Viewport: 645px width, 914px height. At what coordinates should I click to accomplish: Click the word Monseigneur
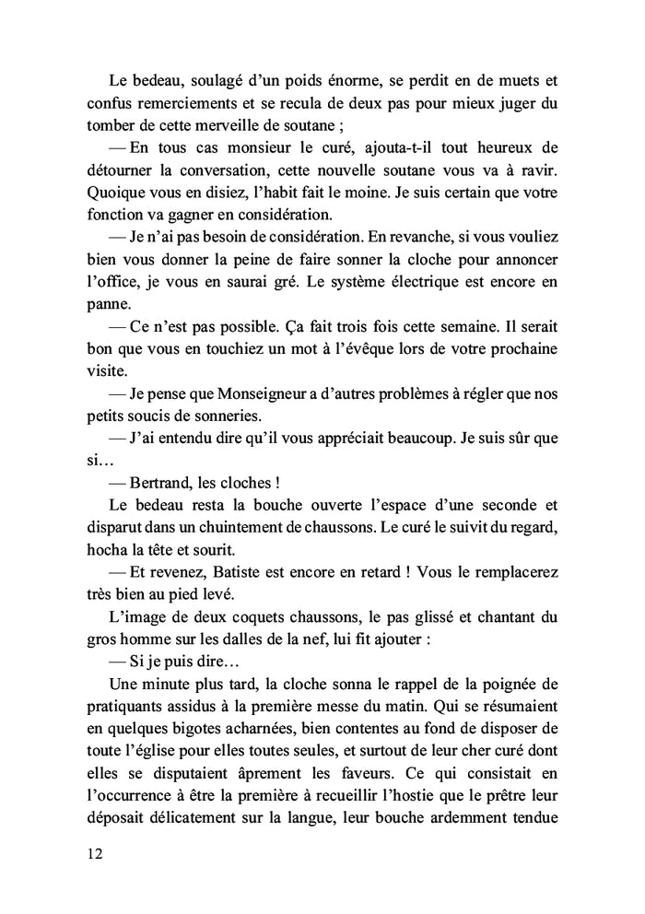point(287,394)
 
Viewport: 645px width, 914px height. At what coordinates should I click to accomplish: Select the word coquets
point(258,615)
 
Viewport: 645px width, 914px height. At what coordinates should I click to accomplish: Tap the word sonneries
point(227,416)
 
